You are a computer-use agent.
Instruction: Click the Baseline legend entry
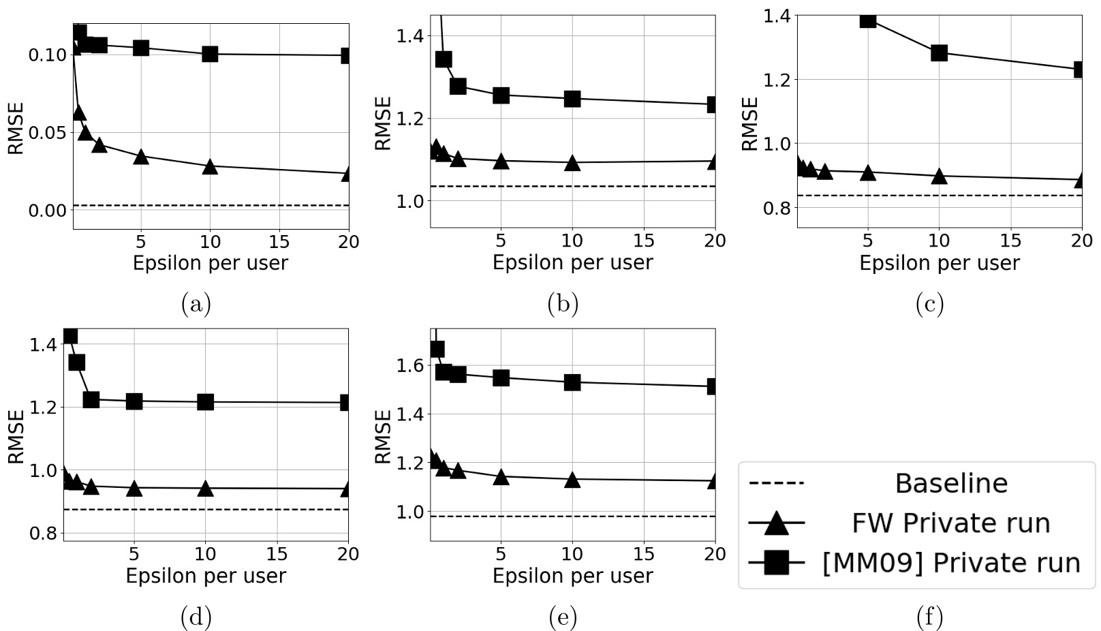click(x=950, y=483)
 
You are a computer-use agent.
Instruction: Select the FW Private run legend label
click(x=950, y=523)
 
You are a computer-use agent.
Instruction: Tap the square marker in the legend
click(x=777, y=563)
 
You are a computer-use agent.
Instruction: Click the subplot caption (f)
click(x=930, y=617)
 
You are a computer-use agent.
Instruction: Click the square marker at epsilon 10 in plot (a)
click(x=210, y=54)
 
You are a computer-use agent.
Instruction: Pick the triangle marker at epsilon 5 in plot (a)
click(x=141, y=157)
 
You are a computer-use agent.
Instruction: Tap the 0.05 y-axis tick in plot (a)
click(x=46, y=132)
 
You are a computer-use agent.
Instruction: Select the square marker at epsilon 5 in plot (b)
click(x=501, y=95)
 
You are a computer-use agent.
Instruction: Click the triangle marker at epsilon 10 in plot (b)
click(x=572, y=163)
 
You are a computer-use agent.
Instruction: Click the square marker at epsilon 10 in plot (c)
click(x=939, y=52)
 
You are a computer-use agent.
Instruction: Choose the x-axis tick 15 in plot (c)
click(x=1010, y=241)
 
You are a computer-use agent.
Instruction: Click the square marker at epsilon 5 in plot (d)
click(x=134, y=401)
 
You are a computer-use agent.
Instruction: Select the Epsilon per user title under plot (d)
click(x=206, y=576)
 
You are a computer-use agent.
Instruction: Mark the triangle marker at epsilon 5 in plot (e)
click(x=501, y=477)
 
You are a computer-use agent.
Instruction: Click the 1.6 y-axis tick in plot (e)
click(x=409, y=366)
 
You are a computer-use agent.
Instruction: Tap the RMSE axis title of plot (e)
click(x=384, y=436)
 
